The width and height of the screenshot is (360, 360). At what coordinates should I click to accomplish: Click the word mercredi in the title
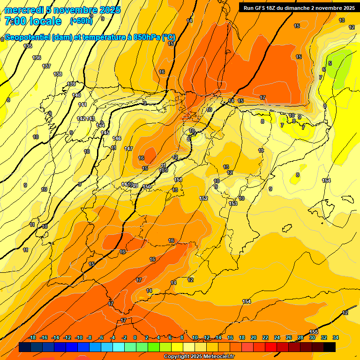tap(23, 10)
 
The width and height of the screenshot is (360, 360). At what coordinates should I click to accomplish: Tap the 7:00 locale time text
tap(33, 21)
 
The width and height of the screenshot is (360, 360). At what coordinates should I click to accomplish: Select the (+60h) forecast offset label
tap(81, 21)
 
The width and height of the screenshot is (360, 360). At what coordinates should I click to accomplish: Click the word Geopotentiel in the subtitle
tap(28, 37)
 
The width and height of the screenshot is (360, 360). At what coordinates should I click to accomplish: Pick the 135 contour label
tap(28, 46)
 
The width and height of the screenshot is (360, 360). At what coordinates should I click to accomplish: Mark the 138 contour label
tap(58, 74)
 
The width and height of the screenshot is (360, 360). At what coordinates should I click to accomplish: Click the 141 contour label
tap(82, 104)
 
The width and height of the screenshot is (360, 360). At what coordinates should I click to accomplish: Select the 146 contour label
tap(117, 138)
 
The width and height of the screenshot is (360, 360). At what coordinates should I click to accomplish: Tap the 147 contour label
tap(128, 148)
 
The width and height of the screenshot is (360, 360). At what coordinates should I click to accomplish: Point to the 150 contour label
tap(147, 187)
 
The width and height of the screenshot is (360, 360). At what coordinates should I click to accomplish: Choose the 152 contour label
tap(203, 198)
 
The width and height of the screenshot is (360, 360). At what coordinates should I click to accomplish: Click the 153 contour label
tap(233, 203)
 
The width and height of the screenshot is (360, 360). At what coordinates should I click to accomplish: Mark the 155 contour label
tap(314, 332)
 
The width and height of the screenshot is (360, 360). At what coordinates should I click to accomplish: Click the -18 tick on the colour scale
tap(32, 337)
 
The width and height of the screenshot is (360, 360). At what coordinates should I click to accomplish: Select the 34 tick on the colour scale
tap(336, 337)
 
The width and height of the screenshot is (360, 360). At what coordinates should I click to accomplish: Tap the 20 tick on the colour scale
tap(254, 337)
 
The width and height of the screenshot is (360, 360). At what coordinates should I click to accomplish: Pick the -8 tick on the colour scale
tap(90, 337)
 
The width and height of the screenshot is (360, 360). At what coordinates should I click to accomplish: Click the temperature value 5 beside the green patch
tap(330, 63)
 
